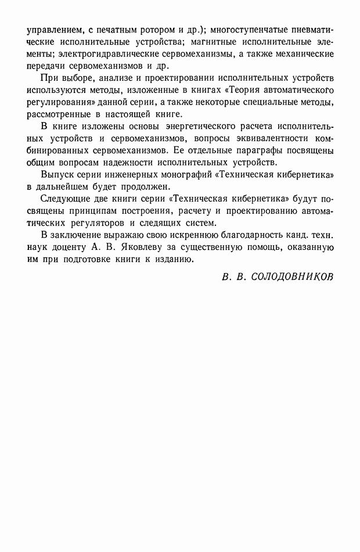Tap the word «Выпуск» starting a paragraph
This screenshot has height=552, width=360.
point(60,175)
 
